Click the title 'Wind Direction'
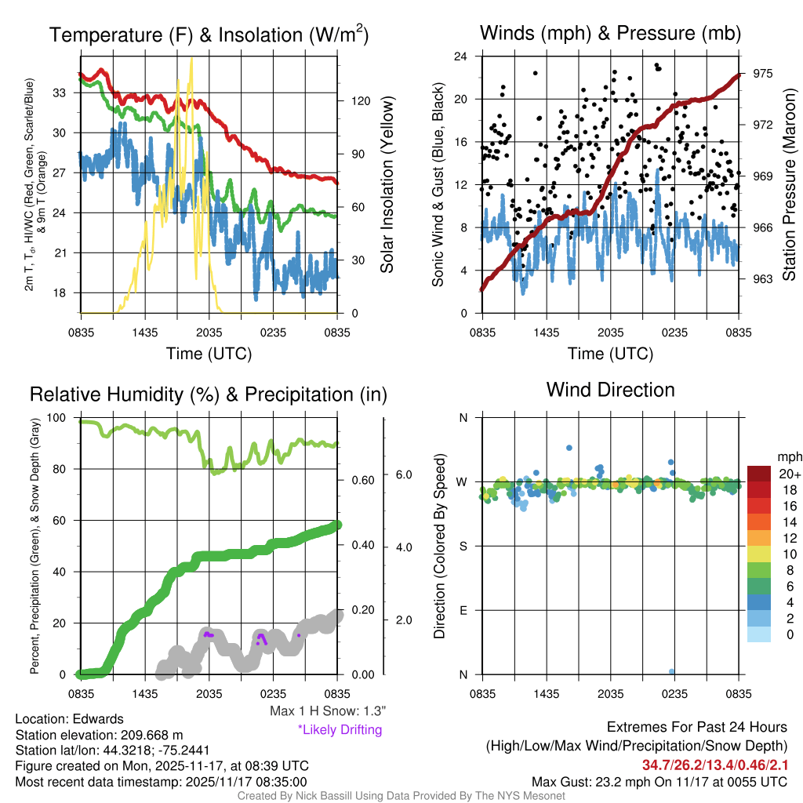point(610,390)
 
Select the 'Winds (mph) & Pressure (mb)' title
point(610,33)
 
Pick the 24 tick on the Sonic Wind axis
point(461,56)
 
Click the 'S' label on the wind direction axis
point(463,546)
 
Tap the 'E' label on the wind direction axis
point(463,610)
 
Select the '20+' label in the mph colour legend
point(788,474)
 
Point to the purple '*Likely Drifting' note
point(340,730)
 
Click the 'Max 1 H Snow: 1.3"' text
point(327,711)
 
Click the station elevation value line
point(99,734)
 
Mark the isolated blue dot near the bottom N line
point(672,671)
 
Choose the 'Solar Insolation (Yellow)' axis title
point(387,184)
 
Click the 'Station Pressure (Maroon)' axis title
point(789,184)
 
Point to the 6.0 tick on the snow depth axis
point(402,474)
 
